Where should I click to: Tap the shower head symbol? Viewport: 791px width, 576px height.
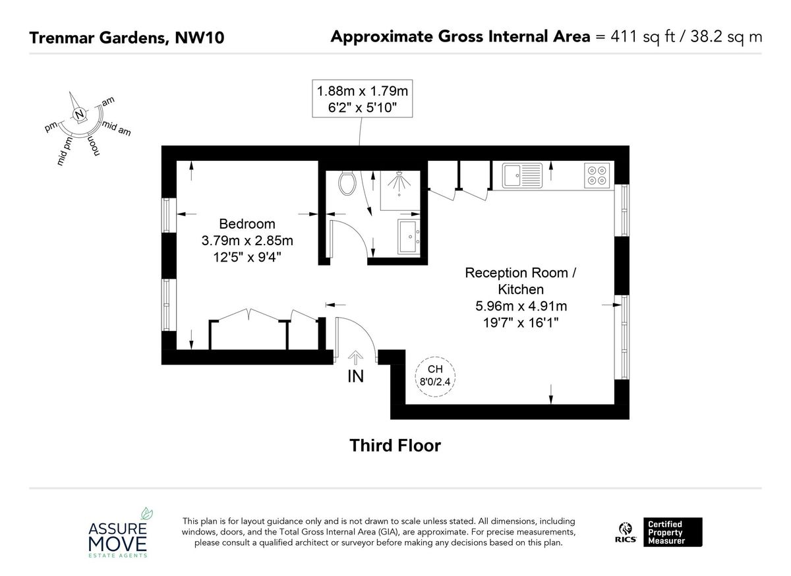[x=398, y=182]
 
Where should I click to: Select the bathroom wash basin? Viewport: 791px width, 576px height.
[x=409, y=237]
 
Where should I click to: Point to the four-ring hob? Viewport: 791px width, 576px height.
[x=597, y=175]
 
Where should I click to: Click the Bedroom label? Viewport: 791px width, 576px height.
[x=247, y=224]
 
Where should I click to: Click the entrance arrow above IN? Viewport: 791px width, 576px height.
[x=355, y=357]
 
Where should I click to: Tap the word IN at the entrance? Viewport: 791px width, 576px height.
[x=355, y=377]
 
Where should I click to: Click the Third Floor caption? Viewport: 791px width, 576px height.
[x=395, y=446]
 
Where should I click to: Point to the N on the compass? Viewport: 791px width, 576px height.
[x=80, y=115]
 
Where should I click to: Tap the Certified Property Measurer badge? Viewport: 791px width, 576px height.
[x=674, y=533]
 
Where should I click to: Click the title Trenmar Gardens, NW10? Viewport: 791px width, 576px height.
[x=127, y=38]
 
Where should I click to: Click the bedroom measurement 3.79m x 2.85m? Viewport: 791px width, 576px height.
[x=247, y=241]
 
